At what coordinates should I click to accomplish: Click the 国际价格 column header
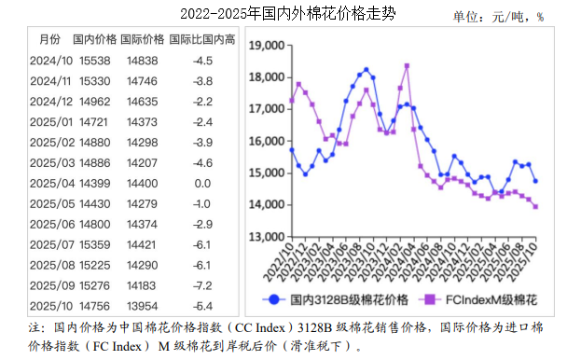(x=144, y=39)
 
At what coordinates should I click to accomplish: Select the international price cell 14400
(x=143, y=184)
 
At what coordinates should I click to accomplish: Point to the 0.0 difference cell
(x=202, y=184)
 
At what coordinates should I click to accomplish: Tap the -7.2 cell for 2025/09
(x=202, y=285)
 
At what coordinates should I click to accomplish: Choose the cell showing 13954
(x=143, y=306)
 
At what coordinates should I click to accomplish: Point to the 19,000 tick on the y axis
(x=268, y=46)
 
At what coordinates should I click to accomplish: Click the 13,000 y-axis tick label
(x=268, y=237)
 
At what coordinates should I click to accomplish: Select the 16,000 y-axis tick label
(x=268, y=142)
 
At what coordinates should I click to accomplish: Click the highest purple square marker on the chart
(x=407, y=66)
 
